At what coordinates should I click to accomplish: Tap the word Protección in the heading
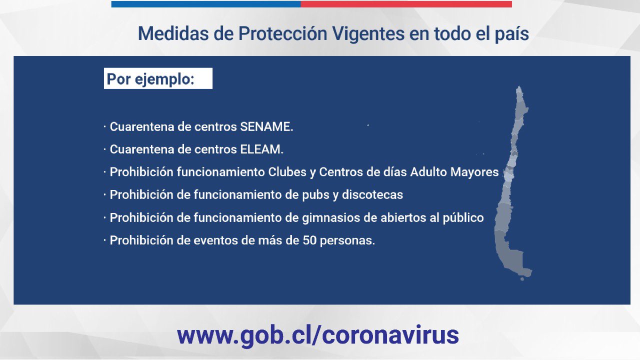[x=283, y=33]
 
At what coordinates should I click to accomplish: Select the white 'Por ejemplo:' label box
[x=158, y=78]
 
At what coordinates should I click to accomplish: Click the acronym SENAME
[x=266, y=126]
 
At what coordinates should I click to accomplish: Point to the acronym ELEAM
[x=261, y=149]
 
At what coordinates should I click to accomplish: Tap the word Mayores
[x=474, y=172]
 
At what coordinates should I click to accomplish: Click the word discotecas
[x=372, y=195]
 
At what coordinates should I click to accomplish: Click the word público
[x=463, y=217]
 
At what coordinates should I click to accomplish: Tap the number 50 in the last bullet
[x=309, y=240]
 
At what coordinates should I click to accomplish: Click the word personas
[x=347, y=241]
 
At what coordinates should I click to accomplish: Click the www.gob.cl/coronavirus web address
[x=317, y=335]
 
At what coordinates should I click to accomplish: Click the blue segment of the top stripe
[x=206, y=4]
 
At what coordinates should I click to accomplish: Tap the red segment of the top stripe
[x=406, y=4]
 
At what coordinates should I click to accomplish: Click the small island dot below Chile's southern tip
[x=522, y=279]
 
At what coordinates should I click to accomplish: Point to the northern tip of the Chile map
[x=519, y=86]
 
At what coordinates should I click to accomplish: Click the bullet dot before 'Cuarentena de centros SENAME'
[x=105, y=126]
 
